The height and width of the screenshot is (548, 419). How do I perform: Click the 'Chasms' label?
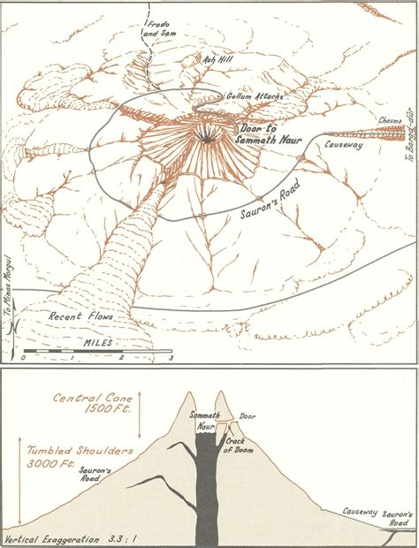pos(391,120)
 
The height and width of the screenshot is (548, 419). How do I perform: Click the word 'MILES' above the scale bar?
pos(96,341)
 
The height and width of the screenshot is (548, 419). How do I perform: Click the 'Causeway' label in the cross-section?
pos(361,512)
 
